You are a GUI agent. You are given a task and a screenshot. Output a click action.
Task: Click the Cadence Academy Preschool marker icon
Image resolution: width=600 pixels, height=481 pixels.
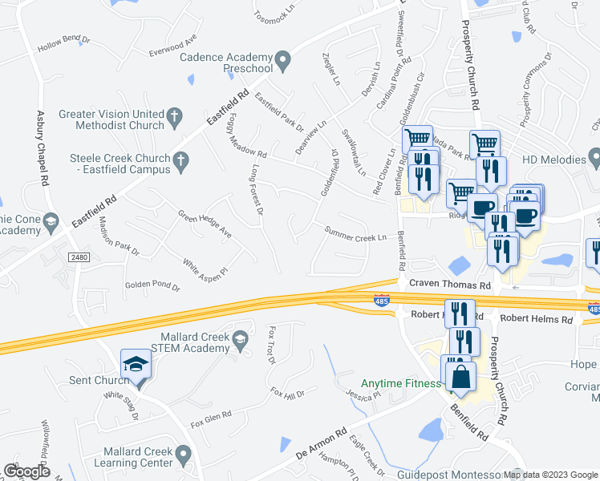[282, 60]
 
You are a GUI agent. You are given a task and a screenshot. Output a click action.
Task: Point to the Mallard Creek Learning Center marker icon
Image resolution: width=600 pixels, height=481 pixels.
[184, 456]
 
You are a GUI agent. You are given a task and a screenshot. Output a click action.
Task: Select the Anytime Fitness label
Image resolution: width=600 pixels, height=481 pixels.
[401, 383]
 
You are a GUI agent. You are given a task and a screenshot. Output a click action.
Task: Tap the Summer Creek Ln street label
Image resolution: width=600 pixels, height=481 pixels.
[355, 233]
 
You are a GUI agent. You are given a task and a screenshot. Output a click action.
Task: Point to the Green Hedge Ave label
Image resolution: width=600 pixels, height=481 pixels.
[205, 225]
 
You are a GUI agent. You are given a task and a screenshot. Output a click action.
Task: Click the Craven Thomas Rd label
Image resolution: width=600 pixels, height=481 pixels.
[449, 285]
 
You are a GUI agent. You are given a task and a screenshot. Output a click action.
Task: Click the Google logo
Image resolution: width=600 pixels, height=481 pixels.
[27, 471]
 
